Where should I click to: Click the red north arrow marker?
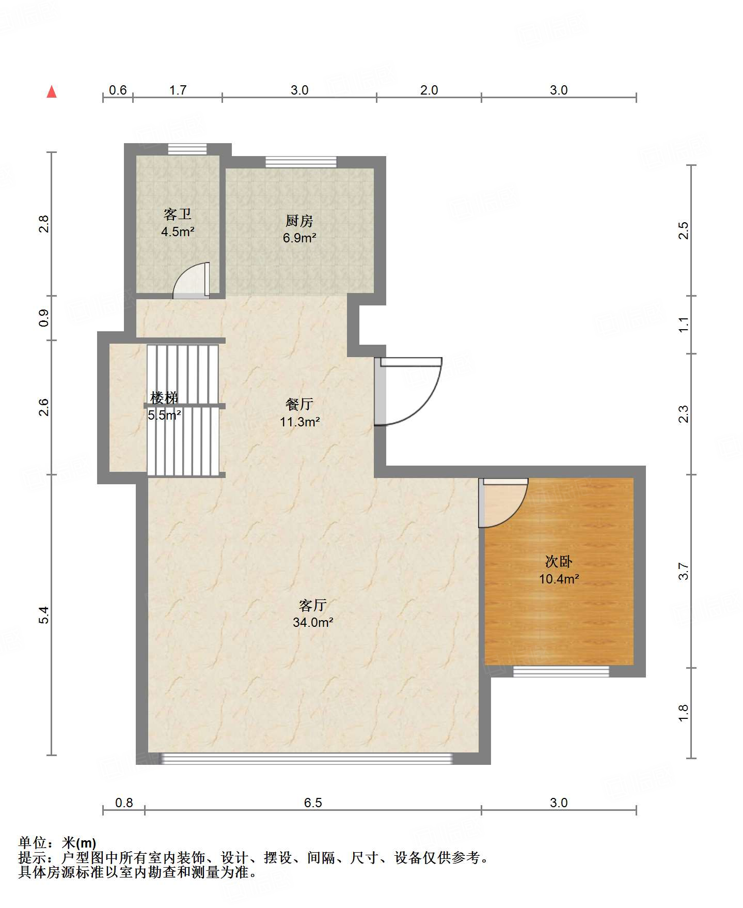[x=52, y=91]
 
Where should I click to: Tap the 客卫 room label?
[x=178, y=214]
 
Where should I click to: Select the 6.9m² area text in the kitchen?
[x=299, y=238]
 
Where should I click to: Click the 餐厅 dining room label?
[x=299, y=404]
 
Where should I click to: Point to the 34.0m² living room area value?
[x=313, y=623]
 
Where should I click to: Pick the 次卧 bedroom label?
[x=559, y=561]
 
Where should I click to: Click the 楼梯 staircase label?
[x=164, y=397]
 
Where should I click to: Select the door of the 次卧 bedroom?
[x=503, y=503]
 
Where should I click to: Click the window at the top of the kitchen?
[x=301, y=162]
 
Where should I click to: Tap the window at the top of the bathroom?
[x=187, y=149]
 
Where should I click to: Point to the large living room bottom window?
[x=307, y=759]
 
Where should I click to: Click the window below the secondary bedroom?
[x=561, y=671]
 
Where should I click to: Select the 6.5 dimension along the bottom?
[x=313, y=803]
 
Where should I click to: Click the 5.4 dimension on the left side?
[x=44, y=615]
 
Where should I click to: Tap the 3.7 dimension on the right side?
[x=684, y=571]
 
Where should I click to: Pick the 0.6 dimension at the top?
[x=118, y=90]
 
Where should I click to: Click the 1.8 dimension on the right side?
[x=684, y=713]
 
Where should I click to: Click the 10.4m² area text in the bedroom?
[x=559, y=579]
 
